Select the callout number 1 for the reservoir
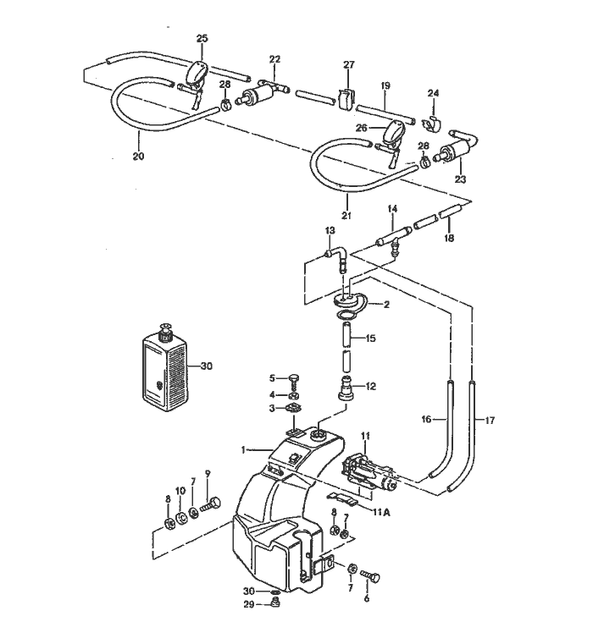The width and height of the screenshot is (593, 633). pos(243,449)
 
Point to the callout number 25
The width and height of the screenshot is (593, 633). pos(202,39)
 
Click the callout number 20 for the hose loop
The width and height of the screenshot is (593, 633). pos(138,156)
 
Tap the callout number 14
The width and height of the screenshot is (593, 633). pos(392,208)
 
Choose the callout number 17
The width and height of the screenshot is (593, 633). pos(488,418)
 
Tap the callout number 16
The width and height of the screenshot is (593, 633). pos(426,418)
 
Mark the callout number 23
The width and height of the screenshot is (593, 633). pos(460,179)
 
